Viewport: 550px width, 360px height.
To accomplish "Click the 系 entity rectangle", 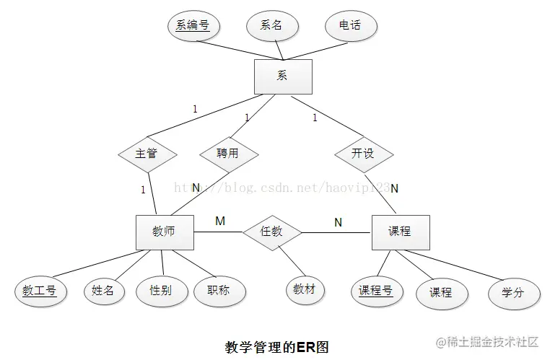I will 283,76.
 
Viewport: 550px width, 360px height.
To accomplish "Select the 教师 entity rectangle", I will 165,232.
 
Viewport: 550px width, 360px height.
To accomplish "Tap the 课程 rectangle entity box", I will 400,232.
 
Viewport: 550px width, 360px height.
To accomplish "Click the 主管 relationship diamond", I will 147,154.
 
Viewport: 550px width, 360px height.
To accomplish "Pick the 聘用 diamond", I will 227,154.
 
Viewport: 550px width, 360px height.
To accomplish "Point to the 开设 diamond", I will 363,154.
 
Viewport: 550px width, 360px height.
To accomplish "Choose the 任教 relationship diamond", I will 271,232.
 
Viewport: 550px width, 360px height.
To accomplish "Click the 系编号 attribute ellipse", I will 193,26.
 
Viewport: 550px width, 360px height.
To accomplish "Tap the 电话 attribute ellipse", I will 350,26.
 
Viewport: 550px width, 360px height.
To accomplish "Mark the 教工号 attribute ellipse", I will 40,291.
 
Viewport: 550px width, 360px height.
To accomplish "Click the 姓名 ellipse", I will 103,291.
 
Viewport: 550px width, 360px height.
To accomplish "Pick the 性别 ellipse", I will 160,291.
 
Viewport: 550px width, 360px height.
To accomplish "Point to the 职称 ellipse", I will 218,291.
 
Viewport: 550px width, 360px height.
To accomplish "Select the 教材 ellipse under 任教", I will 305,290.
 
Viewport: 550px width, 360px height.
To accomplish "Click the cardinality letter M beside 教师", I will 220,221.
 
